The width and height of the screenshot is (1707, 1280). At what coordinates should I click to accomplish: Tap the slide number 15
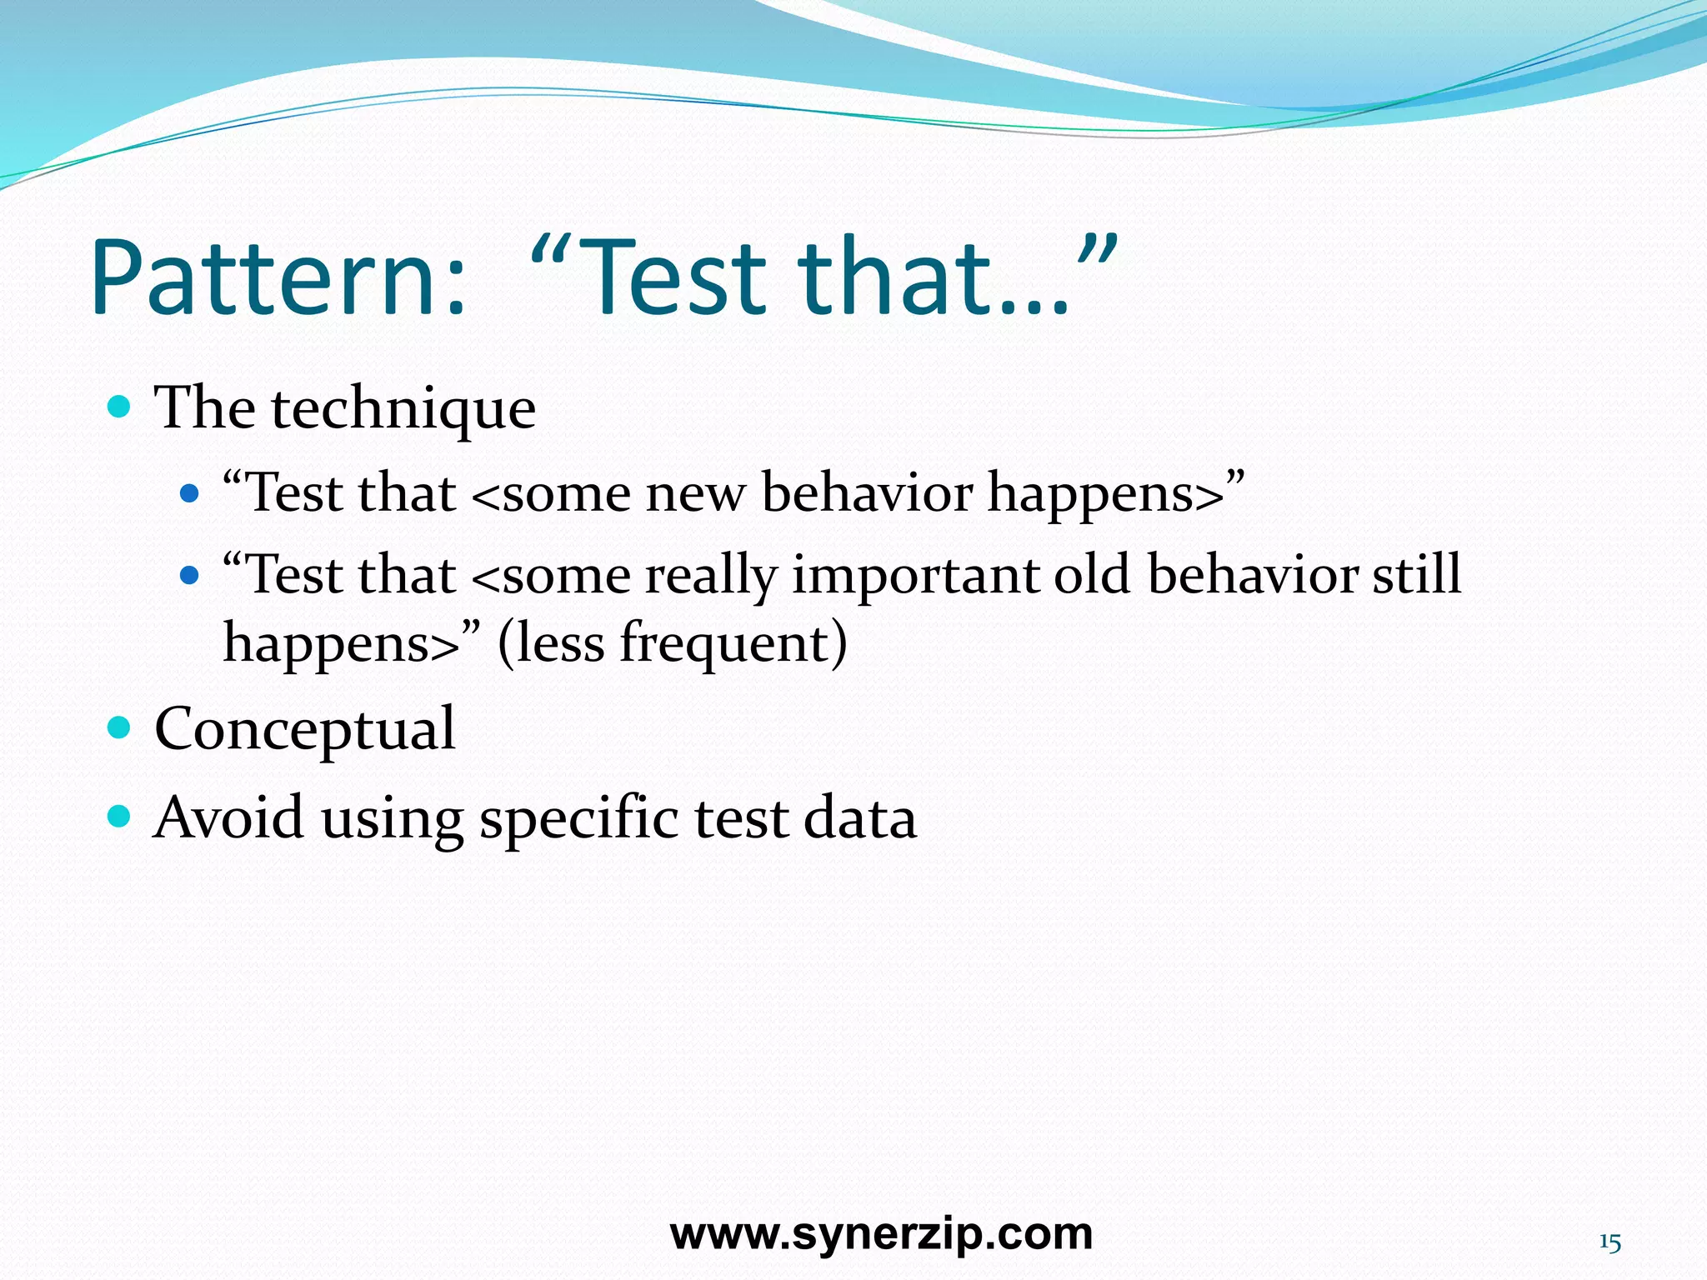click(x=1609, y=1242)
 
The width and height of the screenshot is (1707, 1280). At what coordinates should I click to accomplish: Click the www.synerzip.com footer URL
click(x=881, y=1233)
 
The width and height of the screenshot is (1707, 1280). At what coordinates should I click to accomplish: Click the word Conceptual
click(x=305, y=729)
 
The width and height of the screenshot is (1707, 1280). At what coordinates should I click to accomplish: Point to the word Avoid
click(x=229, y=817)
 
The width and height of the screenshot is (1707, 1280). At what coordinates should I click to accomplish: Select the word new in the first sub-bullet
click(x=694, y=492)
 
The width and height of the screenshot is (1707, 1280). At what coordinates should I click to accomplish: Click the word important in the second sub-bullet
click(x=914, y=576)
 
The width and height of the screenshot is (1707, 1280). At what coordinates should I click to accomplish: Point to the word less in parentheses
click(x=552, y=643)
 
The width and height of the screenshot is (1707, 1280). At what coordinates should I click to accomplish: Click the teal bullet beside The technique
click(x=120, y=407)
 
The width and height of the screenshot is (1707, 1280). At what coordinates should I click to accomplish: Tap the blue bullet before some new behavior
click(x=190, y=493)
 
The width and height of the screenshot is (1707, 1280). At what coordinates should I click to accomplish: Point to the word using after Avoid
click(x=392, y=819)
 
